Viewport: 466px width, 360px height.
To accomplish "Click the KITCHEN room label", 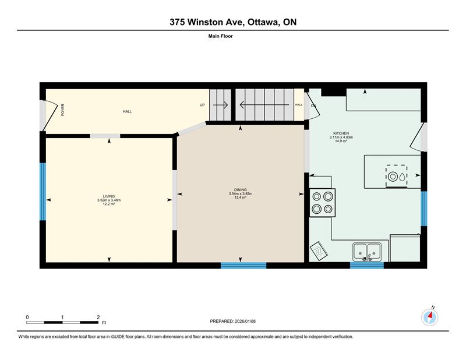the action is (x=341, y=133).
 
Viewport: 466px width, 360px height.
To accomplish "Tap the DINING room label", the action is (x=241, y=190).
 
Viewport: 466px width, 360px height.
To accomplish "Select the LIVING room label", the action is (x=109, y=196).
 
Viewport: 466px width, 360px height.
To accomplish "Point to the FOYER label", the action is (x=63, y=110).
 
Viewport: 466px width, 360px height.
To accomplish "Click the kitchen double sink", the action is (x=367, y=252).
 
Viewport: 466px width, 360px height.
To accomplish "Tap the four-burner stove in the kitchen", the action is (x=323, y=203).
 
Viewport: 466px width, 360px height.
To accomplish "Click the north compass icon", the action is (x=430, y=317).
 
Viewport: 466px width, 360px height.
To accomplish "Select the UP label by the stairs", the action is (x=202, y=105).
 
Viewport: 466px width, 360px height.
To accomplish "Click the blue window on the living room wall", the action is (x=43, y=192).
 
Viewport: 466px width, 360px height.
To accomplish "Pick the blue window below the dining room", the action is (x=243, y=266).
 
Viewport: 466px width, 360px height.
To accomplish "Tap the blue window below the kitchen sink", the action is (x=367, y=266).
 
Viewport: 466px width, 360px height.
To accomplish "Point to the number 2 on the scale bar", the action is (x=98, y=317).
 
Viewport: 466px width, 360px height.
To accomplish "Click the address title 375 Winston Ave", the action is (x=207, y=22).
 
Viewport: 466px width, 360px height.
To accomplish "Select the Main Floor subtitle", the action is (x=221, y=36).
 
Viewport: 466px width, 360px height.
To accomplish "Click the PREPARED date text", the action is (x=232, y=322).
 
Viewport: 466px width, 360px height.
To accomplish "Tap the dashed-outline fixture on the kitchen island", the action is (x=397, y=177).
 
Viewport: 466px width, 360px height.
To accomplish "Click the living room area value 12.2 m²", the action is (x=109, y=204).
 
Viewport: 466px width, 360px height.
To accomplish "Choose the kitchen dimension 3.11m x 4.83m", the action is (x=341, y=137).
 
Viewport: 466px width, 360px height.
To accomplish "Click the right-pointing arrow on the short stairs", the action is (x=221, y=105).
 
